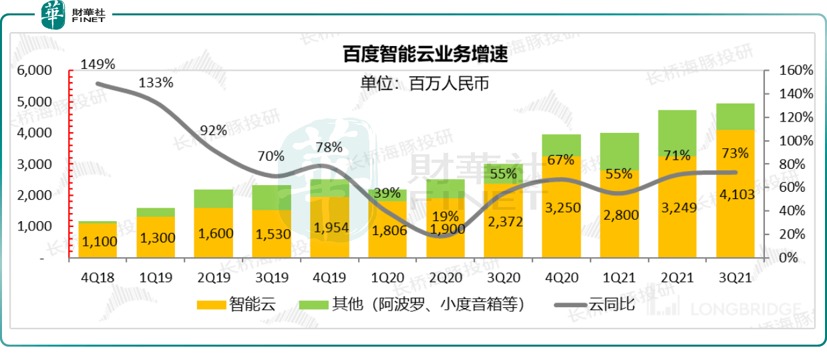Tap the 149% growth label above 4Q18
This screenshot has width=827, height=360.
point(98,64)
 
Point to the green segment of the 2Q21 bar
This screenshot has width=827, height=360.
point(677,133)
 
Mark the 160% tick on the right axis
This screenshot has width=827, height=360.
point(796,70)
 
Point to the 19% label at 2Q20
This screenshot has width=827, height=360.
point(446,216)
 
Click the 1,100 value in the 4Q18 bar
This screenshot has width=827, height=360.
point(98,242)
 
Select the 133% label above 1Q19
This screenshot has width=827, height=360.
point(156,83)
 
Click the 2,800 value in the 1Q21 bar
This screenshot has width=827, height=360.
point(619,215)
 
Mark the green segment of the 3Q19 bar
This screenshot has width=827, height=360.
point(272,197)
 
